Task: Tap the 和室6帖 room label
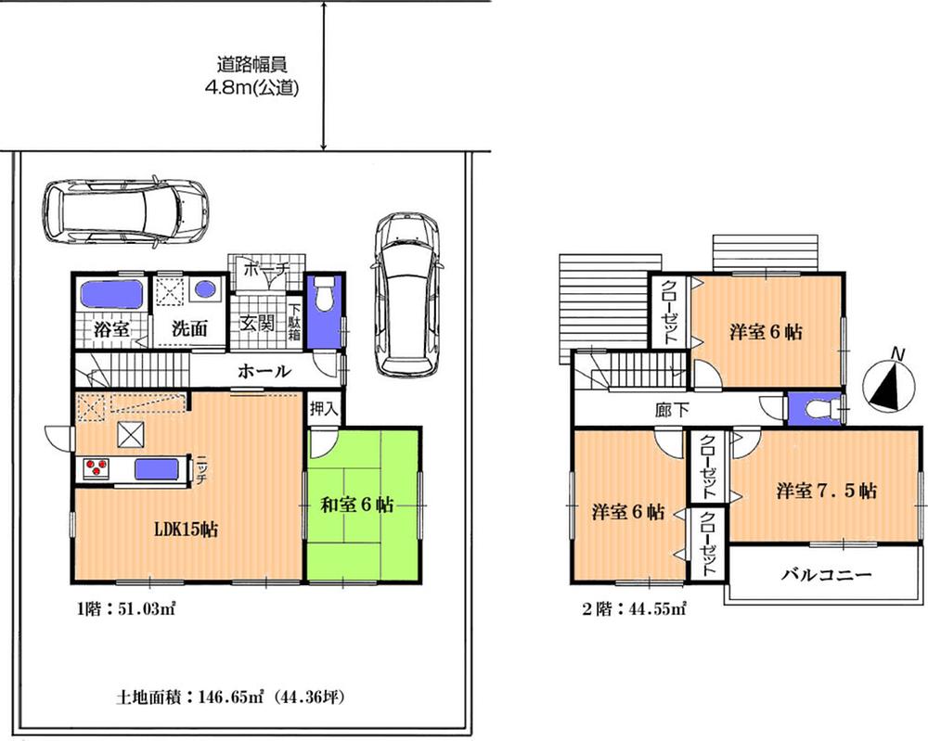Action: (358, 505)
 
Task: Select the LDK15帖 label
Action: (186, 530)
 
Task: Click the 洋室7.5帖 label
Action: (826, 491)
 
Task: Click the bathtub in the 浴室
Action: (111, 296)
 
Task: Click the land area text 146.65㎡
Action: (232, 695)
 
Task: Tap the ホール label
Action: (265, 371)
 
